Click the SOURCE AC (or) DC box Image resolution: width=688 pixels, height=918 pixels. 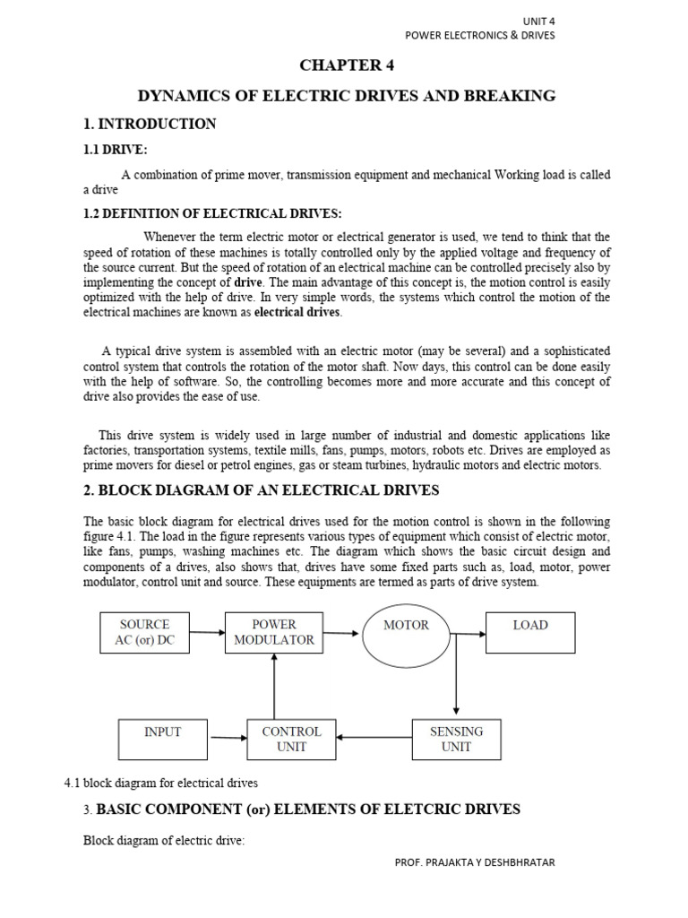pyautogui.click(x=143, y=632)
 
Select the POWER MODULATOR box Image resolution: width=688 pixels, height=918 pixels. pyautogui.click(x=273, y=632)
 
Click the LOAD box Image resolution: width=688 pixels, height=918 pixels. pyautogui.click(x=530, y=632)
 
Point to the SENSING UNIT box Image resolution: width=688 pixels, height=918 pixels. pyautogui.click(x=456, y=739)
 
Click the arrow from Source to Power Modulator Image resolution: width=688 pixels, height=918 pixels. pyautogui.click(x=207, y=632)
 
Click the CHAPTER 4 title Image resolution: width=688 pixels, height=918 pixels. pyautogui.click(x=345, y=66)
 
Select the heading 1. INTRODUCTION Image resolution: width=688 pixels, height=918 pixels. pyautogui.click(x=150, y=124)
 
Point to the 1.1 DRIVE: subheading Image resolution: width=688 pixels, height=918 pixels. pyautogui.click(x=116, y=150)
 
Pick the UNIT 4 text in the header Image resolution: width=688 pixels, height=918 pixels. pyautogui.click(x=538, y=21)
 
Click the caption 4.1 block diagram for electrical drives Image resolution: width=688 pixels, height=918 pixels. pyautogui.click(x=160, y=782)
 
